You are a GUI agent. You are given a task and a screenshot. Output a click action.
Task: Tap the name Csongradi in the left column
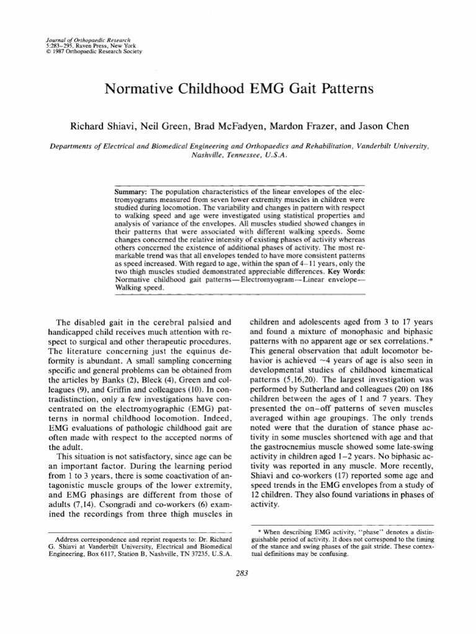[x=112, y=503]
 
